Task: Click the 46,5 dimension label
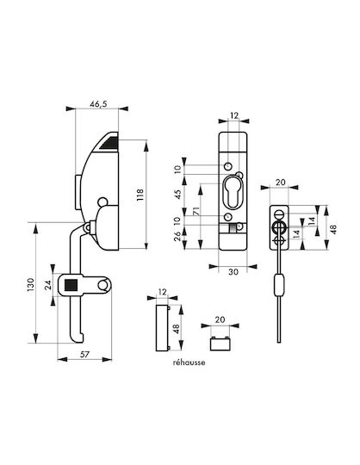coord(98,104)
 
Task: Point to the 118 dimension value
coord(140,195)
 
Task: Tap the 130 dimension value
coord(31,284)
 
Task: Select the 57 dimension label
coord(84,354)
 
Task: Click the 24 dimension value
coord(48,285)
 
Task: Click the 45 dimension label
coord(177,195)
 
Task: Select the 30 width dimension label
coord(233,271)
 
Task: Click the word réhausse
coord(189,363)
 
